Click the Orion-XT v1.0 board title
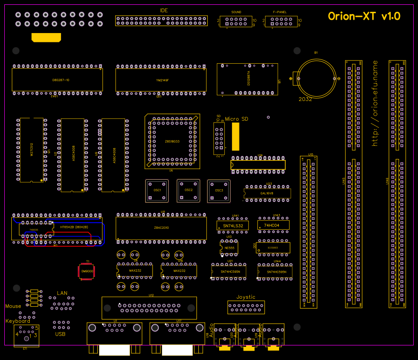pos(364,17)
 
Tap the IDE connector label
pos(164,10)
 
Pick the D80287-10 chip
pos(61,80)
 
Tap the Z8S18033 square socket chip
pos(172,142)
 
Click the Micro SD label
pos(236,119)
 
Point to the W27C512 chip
pos(32,150)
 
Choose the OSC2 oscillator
pos(188,190)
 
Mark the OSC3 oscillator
pos(219,191)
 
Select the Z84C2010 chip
pos(162,228)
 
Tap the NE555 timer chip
pos(230,248)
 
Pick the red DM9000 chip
pos(87,271)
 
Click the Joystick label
pos(246,297)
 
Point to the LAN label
pos(62,293)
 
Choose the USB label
pos(60,334)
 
